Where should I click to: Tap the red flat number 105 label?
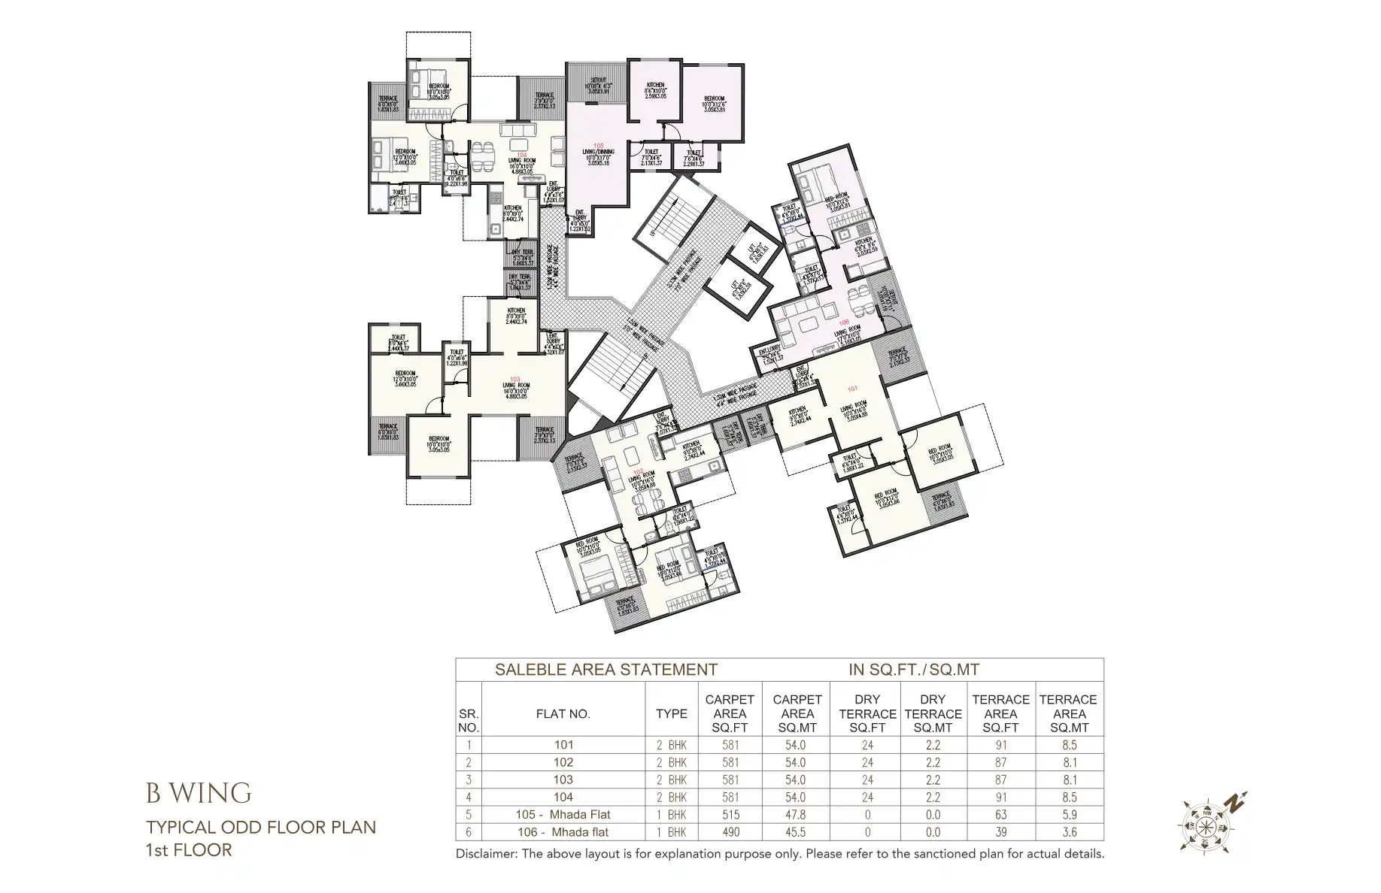[x=599, y=145]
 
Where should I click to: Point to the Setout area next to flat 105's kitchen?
[x=599, y=85]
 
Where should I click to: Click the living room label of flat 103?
[x=516, y=385]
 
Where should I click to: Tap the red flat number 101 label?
[x=852, y=389]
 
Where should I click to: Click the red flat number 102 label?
[x=638, y=474]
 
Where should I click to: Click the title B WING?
[x=199, y=793]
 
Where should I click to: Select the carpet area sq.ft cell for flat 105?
[x=730, y=815]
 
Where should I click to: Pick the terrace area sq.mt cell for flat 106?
[x=1069, y=832]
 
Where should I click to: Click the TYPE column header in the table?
[x=671, y=714]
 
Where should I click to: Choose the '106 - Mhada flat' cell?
[x=563, y=832]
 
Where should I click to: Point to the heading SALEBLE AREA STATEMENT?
[x=606, y=670]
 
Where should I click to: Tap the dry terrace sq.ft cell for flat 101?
[x=867, y=746]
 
